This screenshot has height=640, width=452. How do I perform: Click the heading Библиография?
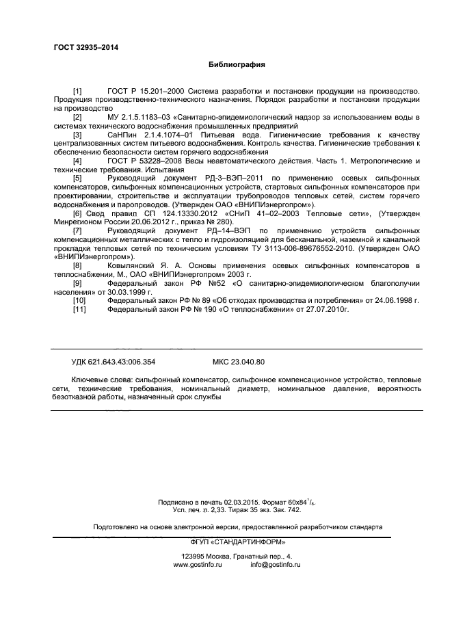[237, 64]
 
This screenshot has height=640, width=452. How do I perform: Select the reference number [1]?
[77, 91]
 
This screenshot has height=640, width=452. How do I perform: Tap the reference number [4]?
[77, 161]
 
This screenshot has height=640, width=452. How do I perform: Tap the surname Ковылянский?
[137, 265]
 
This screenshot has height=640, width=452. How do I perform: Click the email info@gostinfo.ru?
[276, 565]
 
